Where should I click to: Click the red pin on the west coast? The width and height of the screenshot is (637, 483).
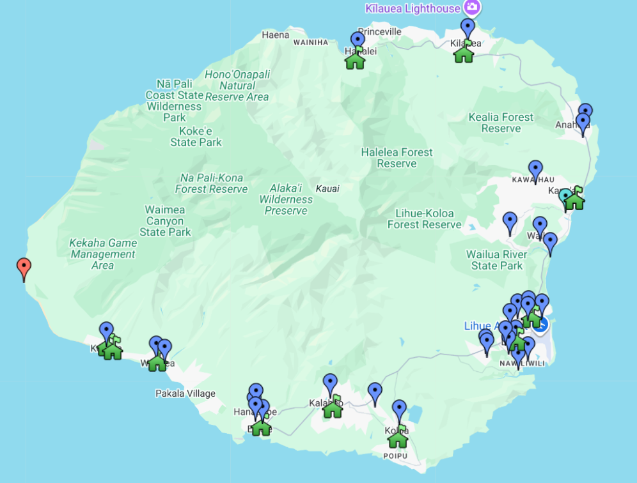click(x=24, y=268)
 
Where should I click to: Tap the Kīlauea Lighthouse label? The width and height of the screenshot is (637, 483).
click(x=413, y=8)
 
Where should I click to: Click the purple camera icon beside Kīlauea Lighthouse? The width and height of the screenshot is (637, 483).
click(x=472, y=8)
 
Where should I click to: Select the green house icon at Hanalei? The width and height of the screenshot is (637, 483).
click(x=355, y=59)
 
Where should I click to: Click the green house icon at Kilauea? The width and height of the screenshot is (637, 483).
click(x=464, y=53)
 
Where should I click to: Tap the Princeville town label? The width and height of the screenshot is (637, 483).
click(x=379, y=31)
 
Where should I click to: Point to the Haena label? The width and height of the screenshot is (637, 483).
click(x=276, y=35)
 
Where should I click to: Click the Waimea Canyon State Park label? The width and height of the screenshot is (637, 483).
click(x=164, y=221)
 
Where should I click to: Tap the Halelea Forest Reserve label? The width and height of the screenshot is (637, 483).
click(x=397, y=158)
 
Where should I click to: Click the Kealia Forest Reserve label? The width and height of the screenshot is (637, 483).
click(x=501, y=123)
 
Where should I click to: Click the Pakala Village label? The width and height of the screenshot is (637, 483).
click(x=185, y=394)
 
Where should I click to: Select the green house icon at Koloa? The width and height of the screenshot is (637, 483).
click(x=398, y=438)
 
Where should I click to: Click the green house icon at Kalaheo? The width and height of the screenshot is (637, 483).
click(x=333, y=407)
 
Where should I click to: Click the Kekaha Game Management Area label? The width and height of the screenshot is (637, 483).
click(x=102, y=254)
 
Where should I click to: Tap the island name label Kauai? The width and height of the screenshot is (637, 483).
click(x=327, y=188)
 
